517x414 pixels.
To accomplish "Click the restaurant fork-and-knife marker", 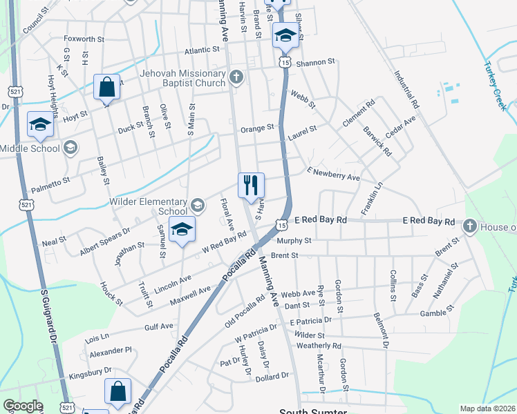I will point(251,185).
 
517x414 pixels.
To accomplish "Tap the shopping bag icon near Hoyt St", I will point(107,88).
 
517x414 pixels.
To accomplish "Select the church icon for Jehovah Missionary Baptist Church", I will point(236,77).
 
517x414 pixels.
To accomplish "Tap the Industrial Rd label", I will point(407,90).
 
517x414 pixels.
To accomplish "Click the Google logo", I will point(22,406).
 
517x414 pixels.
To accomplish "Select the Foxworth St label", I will point(84,39).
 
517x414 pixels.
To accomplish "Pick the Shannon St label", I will point(315,62).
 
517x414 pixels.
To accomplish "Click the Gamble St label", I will point(436,313).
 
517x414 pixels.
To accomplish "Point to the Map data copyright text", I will point(487,408).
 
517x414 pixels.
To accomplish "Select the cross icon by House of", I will point(469,226).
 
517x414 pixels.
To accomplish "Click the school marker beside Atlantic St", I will point(284,35).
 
